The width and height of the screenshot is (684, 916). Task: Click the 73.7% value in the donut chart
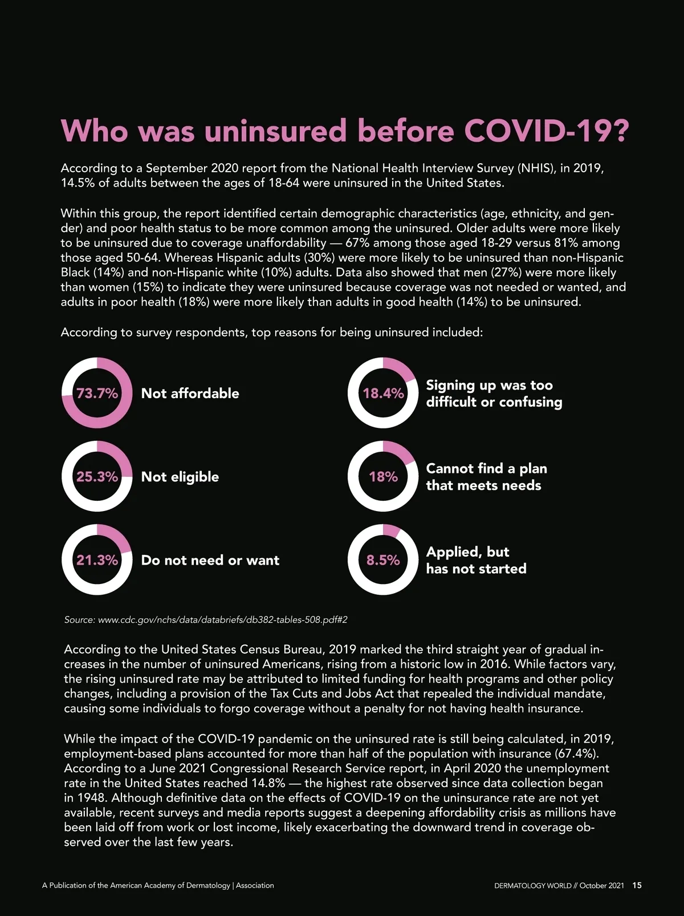[x=97, y=393]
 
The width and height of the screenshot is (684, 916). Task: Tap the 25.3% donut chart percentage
[x=97, y=477]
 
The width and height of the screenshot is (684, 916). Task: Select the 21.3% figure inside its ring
[x=97, y=560]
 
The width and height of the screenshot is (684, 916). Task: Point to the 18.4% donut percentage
[x=383, y=393]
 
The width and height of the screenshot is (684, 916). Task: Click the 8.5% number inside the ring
[x=383, y=560]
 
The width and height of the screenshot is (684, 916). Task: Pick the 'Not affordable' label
[x=190, y=393]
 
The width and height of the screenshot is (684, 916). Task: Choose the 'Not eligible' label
[x=180, y=477]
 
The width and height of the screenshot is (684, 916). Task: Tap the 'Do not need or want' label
[x=210, y=560]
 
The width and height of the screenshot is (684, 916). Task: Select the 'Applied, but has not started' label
[x=476, y=560]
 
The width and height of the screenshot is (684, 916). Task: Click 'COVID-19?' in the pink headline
[x=546, y=131]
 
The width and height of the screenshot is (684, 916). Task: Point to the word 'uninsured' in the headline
[x=275, y=131]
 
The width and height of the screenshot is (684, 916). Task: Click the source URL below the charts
[x=222, y=619]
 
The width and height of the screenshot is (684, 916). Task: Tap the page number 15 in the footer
[x=637, y=885]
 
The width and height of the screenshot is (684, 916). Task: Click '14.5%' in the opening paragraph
[x=78, y=183]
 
